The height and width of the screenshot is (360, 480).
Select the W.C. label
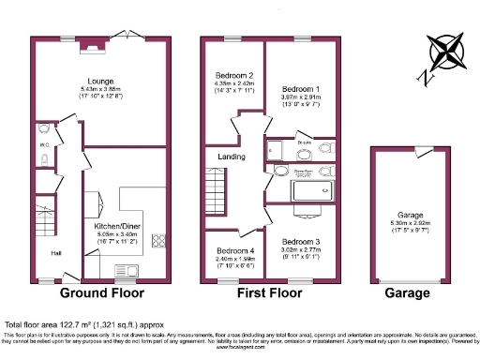point(44,145)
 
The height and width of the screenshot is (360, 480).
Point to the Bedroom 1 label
point(301,89)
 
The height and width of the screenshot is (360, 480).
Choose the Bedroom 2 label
point(235,75)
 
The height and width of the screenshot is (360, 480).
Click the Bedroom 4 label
point(235,251)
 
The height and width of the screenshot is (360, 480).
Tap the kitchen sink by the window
point(125,270)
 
